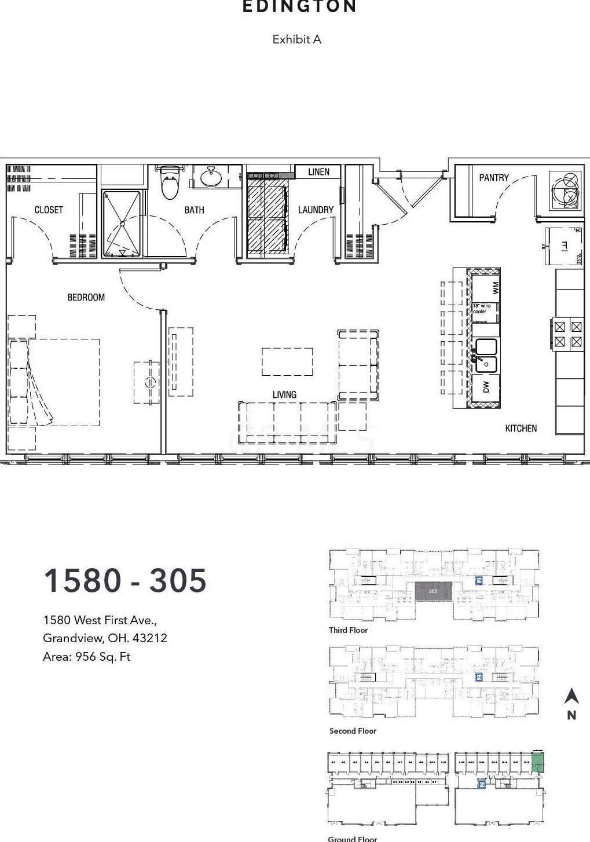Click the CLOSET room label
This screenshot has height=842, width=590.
tap(49, 210)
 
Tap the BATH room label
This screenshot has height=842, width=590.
tap(194, 210)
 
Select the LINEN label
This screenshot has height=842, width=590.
tap(318, 172)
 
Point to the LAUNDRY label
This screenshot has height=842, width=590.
tap(316, 210)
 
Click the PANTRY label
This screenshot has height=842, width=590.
tap(494, 178)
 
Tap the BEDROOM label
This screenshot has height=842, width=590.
tap(86, 297)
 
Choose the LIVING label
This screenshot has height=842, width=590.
tap(284, 394)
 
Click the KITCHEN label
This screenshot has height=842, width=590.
tap(521, 428)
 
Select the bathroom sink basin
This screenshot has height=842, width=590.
tap(210, 177)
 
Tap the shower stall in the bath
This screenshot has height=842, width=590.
tap(122, 224)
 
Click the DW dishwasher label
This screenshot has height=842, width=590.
tap(486, 387)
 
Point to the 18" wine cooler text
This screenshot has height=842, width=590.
tap(482, 309)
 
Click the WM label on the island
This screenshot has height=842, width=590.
tap(495, 287)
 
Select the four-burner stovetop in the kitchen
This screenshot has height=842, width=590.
tap(567, 334)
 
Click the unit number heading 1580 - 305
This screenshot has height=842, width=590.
tap(125, 580)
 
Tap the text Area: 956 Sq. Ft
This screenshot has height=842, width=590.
tap(86, 657)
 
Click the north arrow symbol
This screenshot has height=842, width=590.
tap(571, 697)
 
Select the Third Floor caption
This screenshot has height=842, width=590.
tap(348, 630)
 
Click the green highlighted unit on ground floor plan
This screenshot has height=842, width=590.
tap(538, 762)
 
